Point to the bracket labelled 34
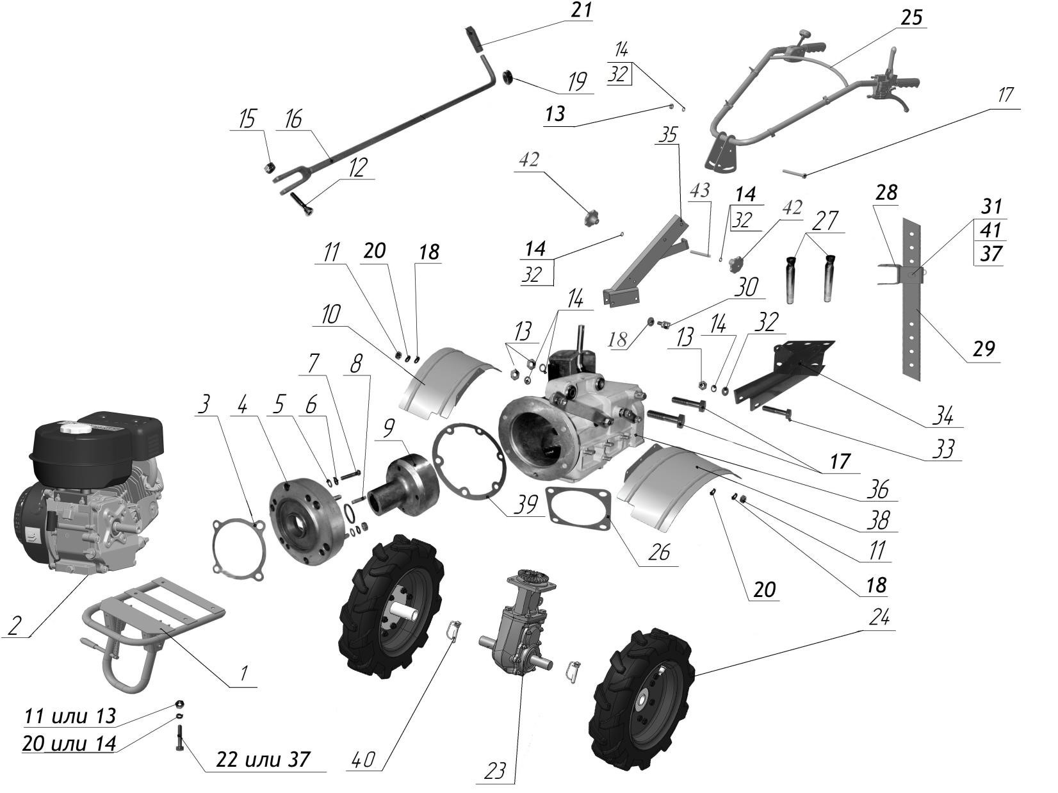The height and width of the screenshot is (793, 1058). [x=785, y=372]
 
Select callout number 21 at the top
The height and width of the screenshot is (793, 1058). [x=582, y=11]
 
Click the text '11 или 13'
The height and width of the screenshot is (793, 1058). [x=70, y=715]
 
